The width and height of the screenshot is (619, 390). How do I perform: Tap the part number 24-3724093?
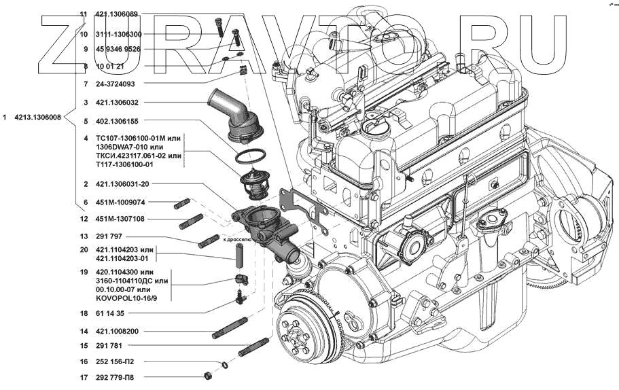tap(116, 84)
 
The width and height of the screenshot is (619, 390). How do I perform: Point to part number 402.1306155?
tap(117, 122)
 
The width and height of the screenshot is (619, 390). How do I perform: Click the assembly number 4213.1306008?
tap(37, 118)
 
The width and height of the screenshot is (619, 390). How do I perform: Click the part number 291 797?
tap(110, 236)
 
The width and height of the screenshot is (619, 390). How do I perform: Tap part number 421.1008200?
tap(117, 332)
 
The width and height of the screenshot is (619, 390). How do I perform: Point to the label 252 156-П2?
tap(117, 361)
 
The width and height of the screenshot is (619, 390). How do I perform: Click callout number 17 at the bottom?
tap(84, 376)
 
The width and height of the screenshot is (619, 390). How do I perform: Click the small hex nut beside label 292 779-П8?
tap(208, 376)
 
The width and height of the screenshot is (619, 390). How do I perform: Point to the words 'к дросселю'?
tap(237, 240)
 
